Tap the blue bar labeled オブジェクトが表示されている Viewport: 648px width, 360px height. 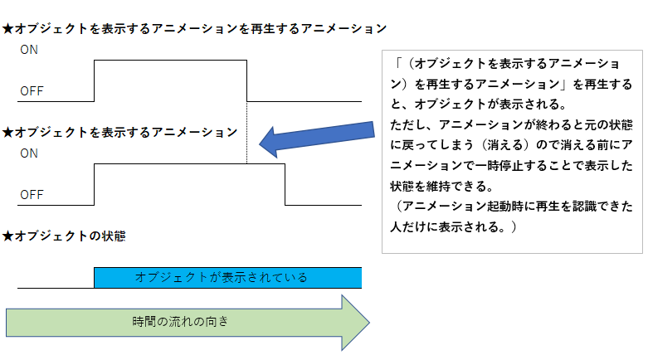point(227,277)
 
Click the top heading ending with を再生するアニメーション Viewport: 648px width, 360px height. point(195,28)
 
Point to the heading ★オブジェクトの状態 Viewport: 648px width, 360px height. point(64,236)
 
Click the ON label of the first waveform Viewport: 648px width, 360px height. point(29,50)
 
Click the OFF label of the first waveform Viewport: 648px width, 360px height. point(32,90)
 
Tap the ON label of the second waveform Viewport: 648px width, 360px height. point(29,153)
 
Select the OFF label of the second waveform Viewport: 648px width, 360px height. point(32,195)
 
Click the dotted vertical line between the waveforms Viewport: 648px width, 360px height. point(247,133)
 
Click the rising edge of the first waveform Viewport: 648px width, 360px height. point(95,80)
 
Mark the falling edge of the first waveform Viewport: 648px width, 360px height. point(247,80)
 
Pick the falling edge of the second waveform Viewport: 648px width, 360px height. point(285,184)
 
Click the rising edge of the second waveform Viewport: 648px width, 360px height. point(95,184)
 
